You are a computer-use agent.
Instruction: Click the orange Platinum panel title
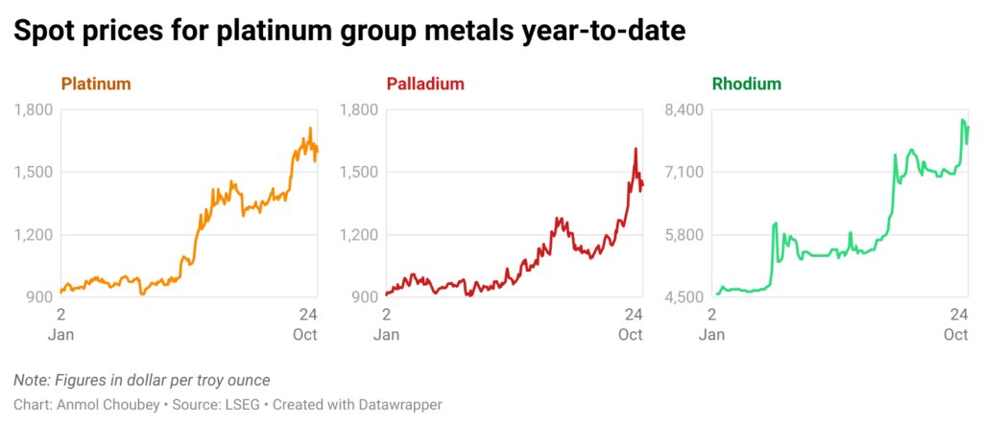pos(96,84)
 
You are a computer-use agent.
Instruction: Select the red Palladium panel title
pos(425,84)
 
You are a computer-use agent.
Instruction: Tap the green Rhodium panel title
pos(747,84)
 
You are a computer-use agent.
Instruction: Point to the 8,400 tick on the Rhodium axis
pos(683,109)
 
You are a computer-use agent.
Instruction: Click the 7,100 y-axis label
pos(683,172)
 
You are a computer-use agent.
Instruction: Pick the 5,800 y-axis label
pos(683,235)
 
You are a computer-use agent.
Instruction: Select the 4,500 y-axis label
pos(683,297)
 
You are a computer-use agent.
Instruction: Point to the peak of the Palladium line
pos(635,149)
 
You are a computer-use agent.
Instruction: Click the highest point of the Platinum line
pos(310,129)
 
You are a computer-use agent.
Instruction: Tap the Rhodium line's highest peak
pos(962,120)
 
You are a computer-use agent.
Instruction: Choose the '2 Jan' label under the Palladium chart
pos(386,324)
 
